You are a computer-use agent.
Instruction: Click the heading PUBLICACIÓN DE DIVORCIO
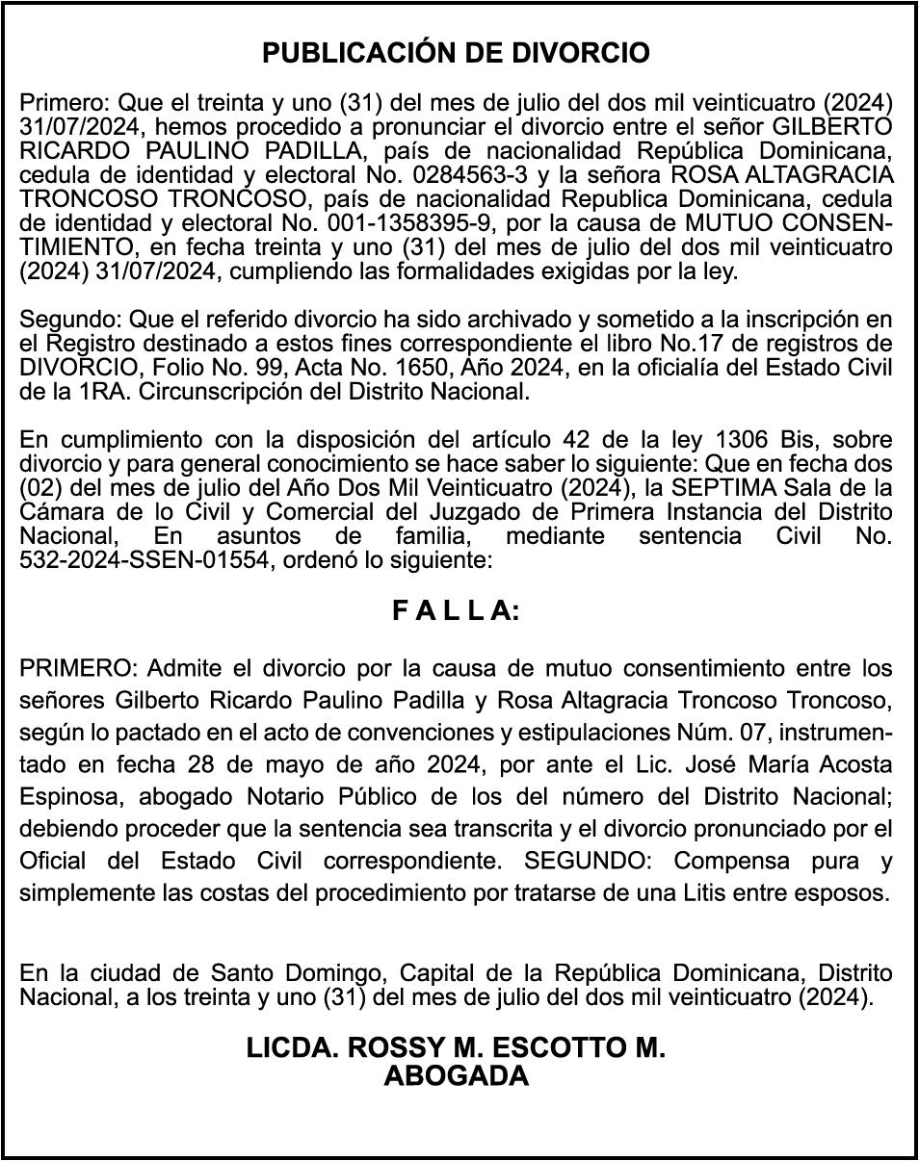(456, 53)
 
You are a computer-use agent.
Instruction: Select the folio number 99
(323, 368)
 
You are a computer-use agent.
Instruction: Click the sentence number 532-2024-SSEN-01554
(144, 560)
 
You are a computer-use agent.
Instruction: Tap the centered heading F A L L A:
(456, 611)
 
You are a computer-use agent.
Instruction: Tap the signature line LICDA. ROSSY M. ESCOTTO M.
(456, 1048)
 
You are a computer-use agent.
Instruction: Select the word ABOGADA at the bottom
(456, 1075)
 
